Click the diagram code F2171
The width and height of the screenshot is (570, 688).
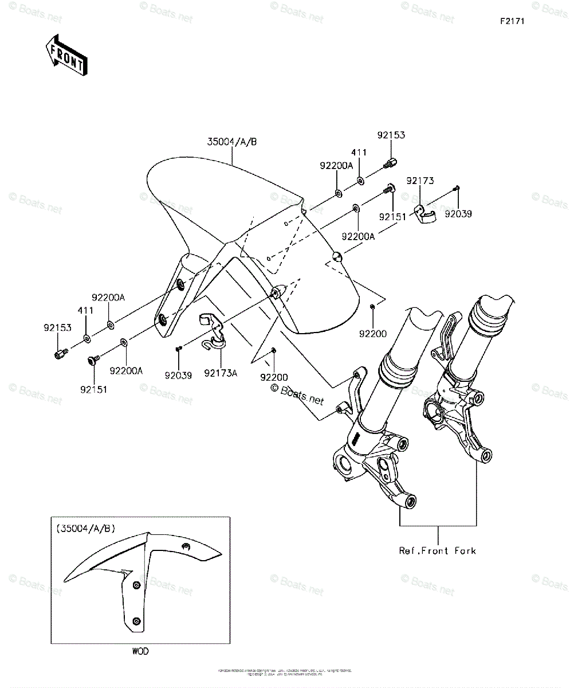click(512, 21)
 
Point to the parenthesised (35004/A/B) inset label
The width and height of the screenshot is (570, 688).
click(85, 529)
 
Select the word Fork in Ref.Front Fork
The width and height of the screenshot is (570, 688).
click(465, 551)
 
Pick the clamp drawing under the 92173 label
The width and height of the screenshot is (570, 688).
click(424, 213)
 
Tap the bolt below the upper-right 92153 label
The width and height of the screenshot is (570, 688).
click(390, 163)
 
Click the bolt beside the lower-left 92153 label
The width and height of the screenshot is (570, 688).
click(60, 354)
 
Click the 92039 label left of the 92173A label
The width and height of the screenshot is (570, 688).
click(179, 376)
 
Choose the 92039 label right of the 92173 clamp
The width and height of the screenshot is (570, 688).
click(460, 214)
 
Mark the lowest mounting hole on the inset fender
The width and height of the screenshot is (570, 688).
click(136, 621)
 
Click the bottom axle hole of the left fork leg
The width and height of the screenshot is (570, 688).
click(410, 502)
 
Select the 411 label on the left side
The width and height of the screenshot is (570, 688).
click(85, 310)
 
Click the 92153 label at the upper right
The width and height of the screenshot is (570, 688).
click(391, 135)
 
